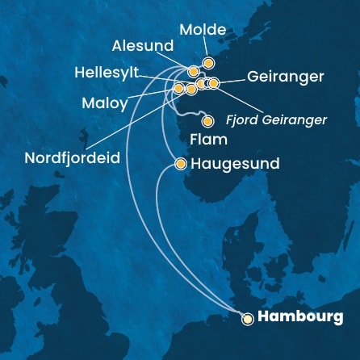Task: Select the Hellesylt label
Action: tap(107, 73)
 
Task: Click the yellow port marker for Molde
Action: tap(208, 62)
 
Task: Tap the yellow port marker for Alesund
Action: tap(194, 71)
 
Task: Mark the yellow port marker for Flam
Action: tap(208, 122)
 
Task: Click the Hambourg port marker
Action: tap(249, 318)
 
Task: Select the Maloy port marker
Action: tap(178, 88)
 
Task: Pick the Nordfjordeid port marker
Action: tap(191, 89)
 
